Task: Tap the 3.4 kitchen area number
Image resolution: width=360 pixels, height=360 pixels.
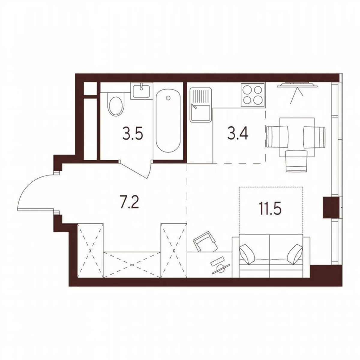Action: tap(238, 133)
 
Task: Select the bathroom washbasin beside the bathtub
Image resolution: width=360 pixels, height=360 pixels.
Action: tap(142, 91)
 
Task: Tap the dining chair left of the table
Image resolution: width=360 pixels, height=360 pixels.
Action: tap(277, 136)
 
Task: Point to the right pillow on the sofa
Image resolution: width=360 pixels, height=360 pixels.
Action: tap(295, 253)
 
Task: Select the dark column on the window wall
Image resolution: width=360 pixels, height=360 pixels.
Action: tap(330, 207)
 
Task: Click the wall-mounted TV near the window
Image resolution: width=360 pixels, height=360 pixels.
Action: tap(297, 85)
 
